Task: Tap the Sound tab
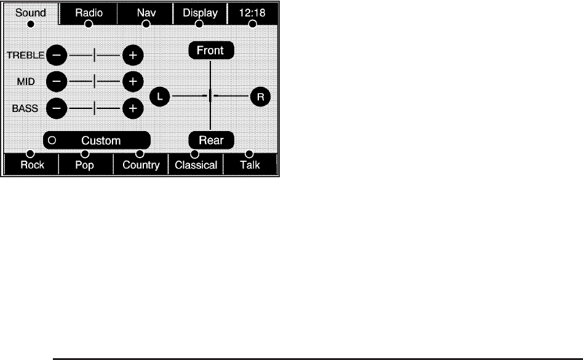point(31,14)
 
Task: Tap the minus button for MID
point(56,81)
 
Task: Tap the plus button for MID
point(132,81)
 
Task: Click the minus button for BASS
point(56,108)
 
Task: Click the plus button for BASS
point(132,108)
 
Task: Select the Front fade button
point(211,50)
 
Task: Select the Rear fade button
point(211,140)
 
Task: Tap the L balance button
point(160,97)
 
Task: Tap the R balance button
point(260,97)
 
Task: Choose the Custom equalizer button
point(97,140)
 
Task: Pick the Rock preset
point(32,165)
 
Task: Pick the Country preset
point(141,165)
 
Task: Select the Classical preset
point(196,165)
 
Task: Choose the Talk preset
point(250,165)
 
